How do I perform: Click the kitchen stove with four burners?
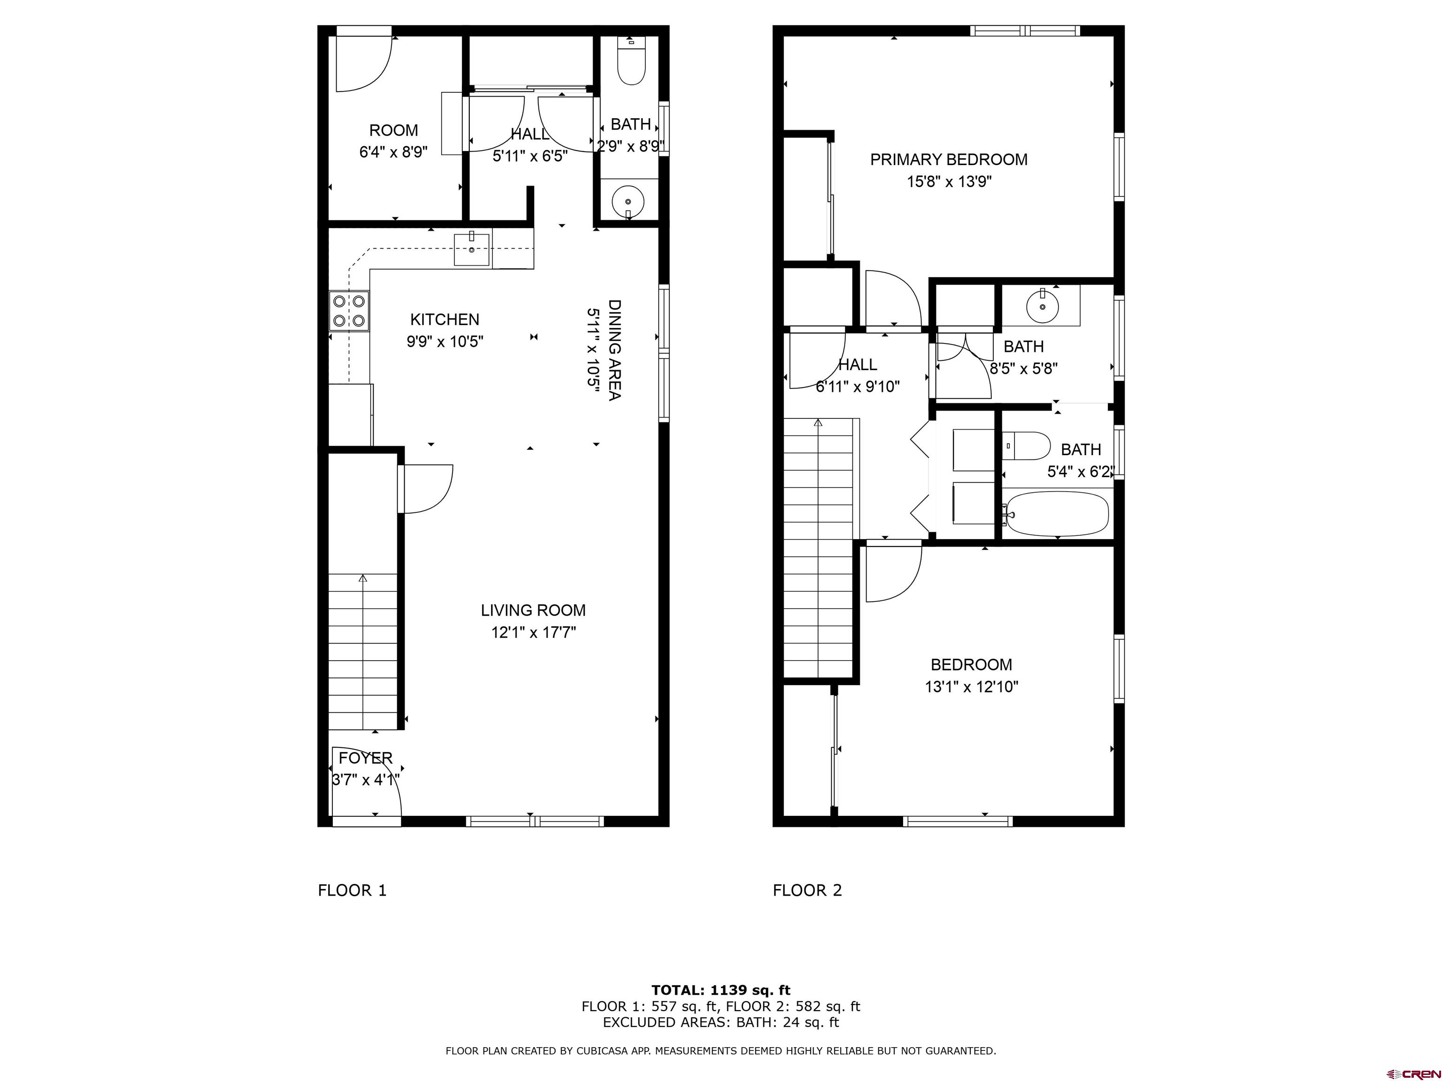tap(349, 311)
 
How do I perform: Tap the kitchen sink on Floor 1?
tap(471, 249)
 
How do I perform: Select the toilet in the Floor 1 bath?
tap(631, 61)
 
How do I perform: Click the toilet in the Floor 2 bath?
tap(1026, 446)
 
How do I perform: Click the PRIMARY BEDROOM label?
tap(949, 160)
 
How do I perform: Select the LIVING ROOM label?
tap(533, 610)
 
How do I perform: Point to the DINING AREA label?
tap(614, 350)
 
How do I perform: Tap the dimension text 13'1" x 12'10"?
tap(971, 687)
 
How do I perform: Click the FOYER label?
tap(366, 758)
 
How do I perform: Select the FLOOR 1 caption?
tap(352, 891)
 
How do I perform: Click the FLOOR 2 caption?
tap(807, 891)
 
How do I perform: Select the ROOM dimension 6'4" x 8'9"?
tap(394, 152)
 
